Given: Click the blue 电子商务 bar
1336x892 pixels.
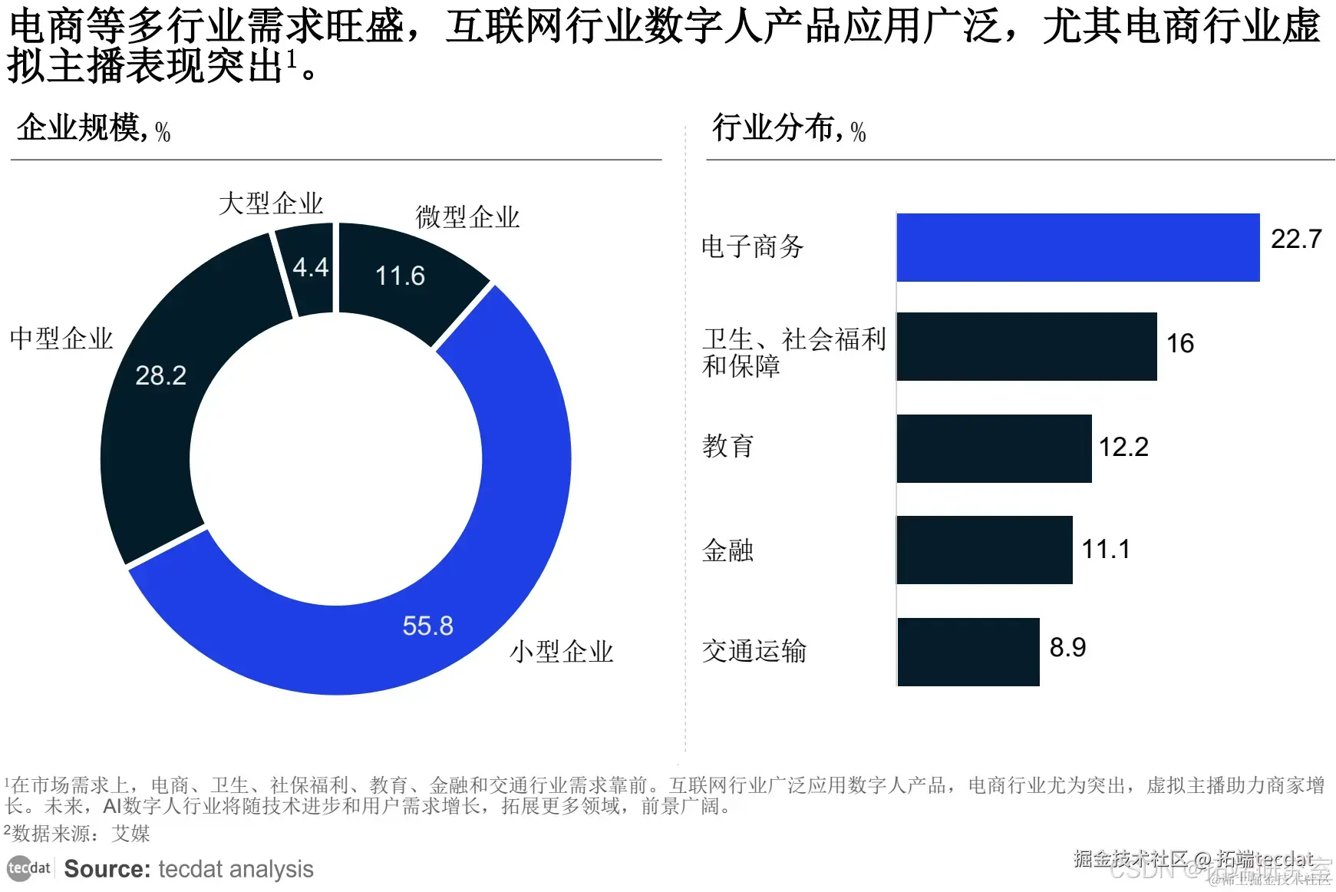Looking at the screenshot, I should click(1077, 247).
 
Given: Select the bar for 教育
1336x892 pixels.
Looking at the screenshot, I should click(994, 448).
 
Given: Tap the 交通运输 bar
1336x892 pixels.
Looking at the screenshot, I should click(968, 652).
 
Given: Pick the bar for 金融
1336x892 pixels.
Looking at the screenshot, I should click(984, 550).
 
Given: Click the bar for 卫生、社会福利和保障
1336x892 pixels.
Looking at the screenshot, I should click(1026, 346).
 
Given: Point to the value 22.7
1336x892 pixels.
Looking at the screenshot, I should click(1295, 239).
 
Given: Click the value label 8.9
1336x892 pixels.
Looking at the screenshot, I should click(1067, 647).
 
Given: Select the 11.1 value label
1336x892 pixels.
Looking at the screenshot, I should click(1105, 549).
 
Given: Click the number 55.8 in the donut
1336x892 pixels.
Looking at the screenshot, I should click(427, 626).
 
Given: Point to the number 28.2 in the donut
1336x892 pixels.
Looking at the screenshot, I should click(160, 375).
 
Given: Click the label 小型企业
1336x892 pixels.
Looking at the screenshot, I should click(562, 652).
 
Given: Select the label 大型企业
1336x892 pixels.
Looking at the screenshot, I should click(270, 203).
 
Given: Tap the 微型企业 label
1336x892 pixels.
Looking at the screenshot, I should click(467, 217).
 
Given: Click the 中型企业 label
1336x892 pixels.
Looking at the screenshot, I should click(61, 339).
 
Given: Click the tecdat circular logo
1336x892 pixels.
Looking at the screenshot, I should click(19, 868).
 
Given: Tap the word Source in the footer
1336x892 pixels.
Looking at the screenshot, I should click(107, 869).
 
